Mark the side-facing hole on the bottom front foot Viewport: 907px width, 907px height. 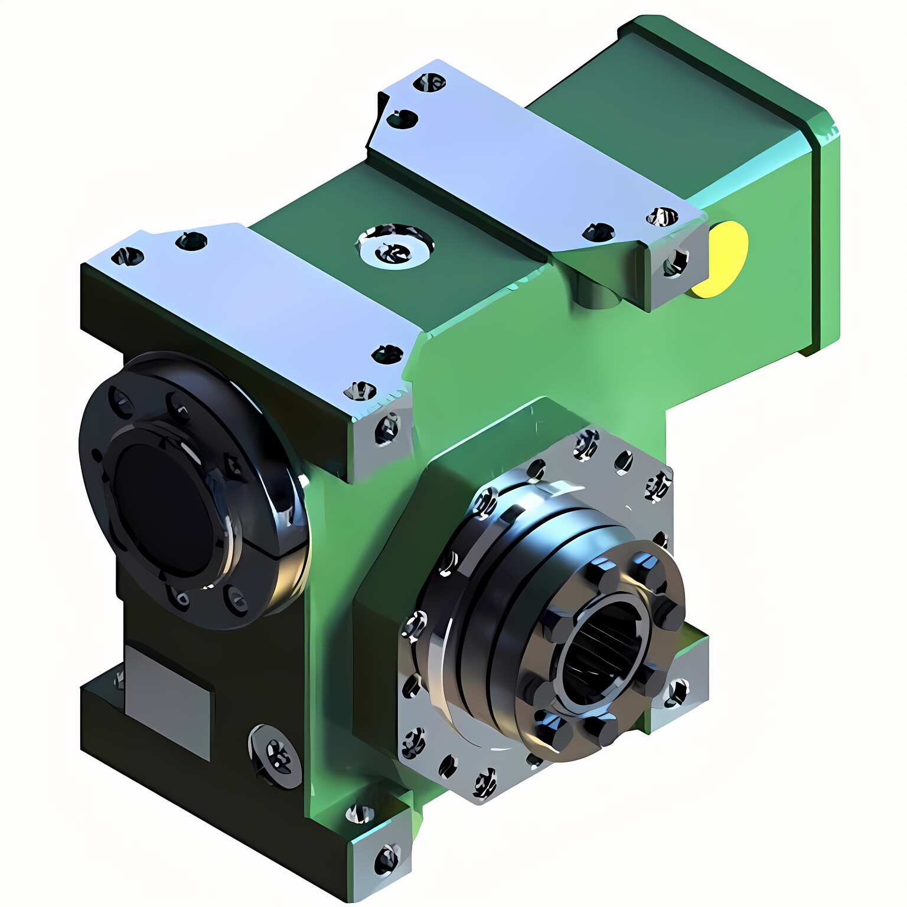pyautogui.click(x=387, y=859)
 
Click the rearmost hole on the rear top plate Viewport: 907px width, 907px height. pyautogui.click(x=429, y=83)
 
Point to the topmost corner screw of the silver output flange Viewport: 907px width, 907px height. pyautogui.click(x=586, y=443)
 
